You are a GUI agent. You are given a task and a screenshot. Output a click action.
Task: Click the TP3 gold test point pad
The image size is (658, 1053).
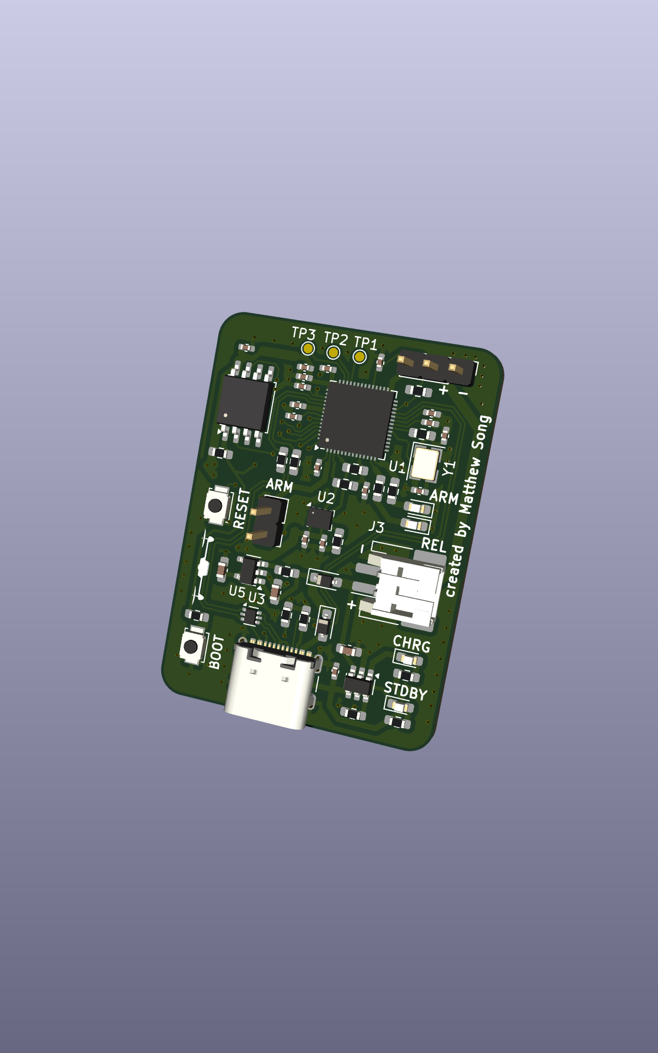[x=308, y=348]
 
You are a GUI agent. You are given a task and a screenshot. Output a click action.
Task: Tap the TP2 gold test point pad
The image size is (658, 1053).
[x=333, y=353]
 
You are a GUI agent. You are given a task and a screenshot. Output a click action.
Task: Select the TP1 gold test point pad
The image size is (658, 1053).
[x=360, y=357]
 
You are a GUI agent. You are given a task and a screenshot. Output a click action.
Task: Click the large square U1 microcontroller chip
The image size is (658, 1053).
[x=357, y=420]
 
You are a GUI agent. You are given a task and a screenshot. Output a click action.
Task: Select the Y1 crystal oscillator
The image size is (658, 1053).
[x=425, y=463]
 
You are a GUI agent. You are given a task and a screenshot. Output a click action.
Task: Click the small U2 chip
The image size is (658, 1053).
[x=320, y=518]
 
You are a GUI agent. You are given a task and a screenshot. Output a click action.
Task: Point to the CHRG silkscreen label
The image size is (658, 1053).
[x=411, y=645]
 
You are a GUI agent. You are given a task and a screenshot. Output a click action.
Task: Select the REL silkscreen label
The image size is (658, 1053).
[x=433, y=545]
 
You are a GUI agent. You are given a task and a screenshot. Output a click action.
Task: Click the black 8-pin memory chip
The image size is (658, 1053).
[x=244, y=403]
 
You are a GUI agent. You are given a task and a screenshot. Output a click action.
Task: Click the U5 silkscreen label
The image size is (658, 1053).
[x=237, y=591]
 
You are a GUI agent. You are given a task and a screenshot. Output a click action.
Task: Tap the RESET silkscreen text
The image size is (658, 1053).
[x=242, y=509]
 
